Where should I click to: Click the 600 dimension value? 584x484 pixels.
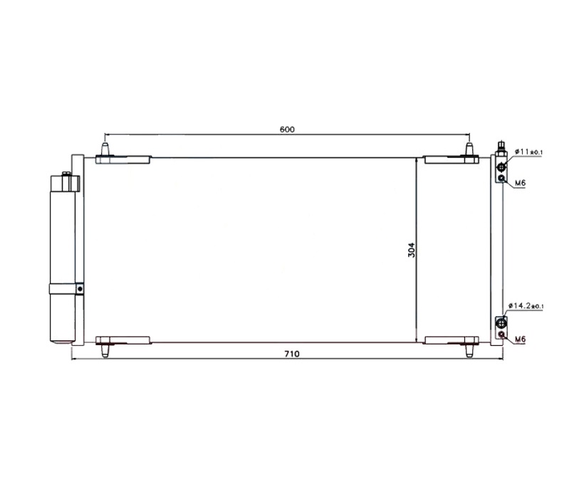click(287, 130)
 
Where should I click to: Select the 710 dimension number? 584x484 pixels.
click(291, 354)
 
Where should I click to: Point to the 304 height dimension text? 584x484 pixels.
click(411, 251)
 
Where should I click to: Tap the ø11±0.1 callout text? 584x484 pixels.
click(529, 152)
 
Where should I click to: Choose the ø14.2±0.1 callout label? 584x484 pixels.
click(526, 305)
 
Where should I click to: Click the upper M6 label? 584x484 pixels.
click(520, 183)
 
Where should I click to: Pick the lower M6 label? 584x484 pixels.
click(520, 340)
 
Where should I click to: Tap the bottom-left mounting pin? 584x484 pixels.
click(105, 350)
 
